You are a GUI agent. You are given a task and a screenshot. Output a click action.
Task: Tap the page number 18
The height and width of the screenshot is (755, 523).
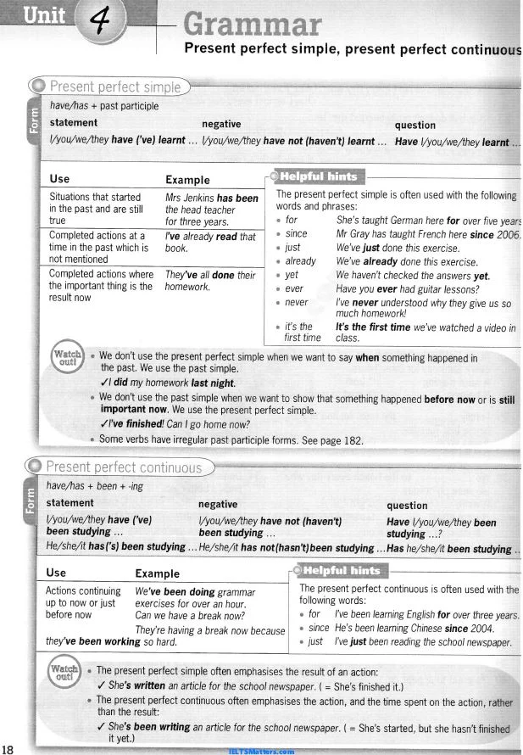point(8,748)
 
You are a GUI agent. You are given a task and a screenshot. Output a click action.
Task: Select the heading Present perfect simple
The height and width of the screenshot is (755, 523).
point(115,87)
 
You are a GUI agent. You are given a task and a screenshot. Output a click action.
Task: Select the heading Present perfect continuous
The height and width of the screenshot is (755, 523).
point(124,467)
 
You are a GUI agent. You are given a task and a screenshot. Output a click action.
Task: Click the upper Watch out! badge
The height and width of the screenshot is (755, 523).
point(68,356)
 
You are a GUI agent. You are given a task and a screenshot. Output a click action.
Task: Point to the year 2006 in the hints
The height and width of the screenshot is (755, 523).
point(508,233)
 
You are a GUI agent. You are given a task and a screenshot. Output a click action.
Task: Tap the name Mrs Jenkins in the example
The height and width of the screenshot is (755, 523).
point(189,198)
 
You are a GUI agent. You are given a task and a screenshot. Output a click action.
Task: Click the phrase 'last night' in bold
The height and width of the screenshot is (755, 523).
point(211,383)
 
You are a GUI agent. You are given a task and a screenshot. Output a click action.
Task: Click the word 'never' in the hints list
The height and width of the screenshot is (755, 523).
point(297,302)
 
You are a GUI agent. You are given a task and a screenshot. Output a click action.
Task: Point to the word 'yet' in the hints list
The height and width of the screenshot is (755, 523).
point(292,275)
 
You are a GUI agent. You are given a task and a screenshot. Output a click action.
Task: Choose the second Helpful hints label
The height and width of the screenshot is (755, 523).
point(342,570)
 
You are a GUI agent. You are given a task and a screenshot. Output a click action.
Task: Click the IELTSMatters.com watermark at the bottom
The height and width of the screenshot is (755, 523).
point(261,751)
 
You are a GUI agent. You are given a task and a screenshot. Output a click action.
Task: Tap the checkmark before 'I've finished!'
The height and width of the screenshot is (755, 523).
point(103,425)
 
